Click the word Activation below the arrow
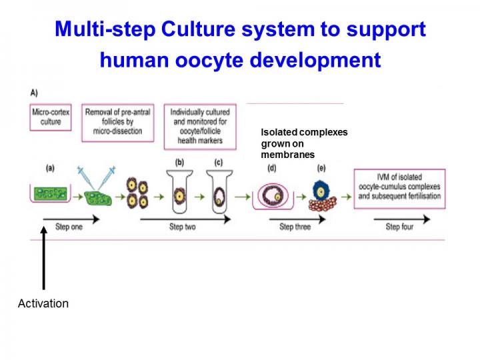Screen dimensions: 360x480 43,303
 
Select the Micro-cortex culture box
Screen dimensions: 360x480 51,117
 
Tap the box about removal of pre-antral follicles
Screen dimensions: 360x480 118,121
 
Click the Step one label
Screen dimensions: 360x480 69,227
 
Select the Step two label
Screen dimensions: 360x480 182,227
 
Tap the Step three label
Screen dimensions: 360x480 295,227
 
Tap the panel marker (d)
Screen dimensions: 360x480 271,168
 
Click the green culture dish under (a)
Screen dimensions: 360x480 51,194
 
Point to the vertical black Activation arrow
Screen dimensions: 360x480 43,260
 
